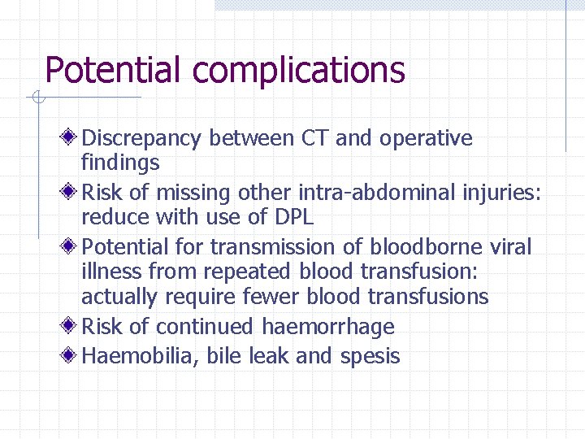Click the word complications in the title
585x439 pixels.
pos(298,71)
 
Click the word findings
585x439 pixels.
pos(120,163)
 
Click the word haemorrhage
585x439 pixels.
pos(328,327)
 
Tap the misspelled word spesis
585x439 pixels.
pos(370,357)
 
